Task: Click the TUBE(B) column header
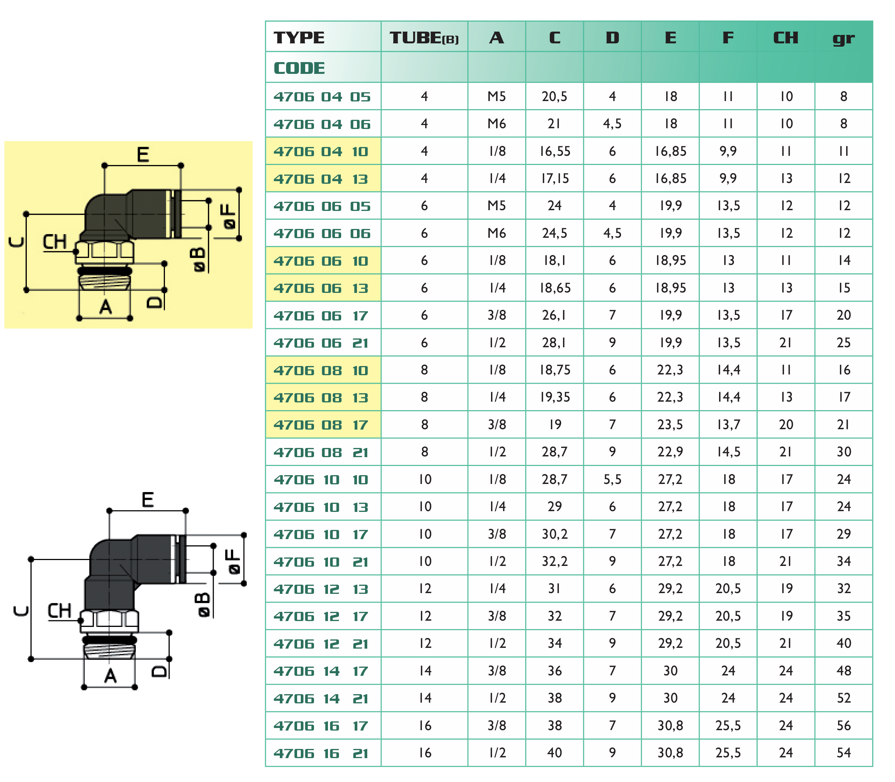[424, 37]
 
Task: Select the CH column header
[786, 37]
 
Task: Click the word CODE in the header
[299, 68]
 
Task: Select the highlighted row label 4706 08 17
[322, 424]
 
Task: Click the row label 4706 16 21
[322, 753]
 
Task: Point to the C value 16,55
[554, 151]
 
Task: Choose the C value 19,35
[554, 397]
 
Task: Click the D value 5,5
[612, 480]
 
